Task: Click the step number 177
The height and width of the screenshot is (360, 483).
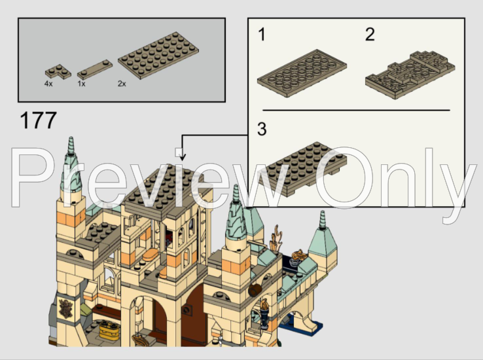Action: (39, 122)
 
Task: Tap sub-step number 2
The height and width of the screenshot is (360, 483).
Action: (370, 35)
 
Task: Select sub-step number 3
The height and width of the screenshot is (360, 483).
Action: (262, 129)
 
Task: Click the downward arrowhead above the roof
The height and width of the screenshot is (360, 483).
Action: (183, 157)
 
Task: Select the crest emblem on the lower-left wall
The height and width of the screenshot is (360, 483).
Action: (65, 306)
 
